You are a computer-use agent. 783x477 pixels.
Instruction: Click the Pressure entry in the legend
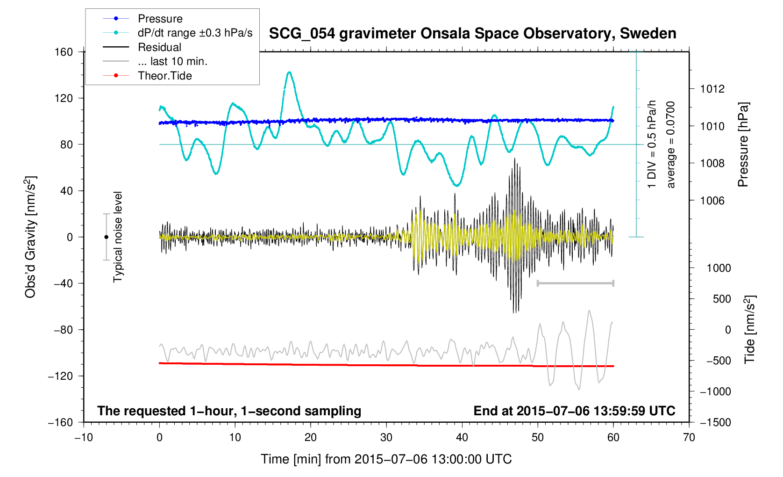click(160, 19)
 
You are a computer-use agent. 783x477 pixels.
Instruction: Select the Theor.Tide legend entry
click(164, 76)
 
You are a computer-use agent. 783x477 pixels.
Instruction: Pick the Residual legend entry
click(159, 47)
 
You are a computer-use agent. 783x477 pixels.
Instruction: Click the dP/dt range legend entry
click(195, 33)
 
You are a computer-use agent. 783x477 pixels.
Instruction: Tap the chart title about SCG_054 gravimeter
click(472, 34)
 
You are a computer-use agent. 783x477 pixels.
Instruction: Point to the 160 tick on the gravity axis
click(64, 52)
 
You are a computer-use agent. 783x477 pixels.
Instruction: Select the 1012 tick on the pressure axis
click(712, 89)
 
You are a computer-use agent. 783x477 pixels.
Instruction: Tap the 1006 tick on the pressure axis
click(712, 201)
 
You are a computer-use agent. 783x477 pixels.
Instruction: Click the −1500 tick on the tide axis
click(715, 422)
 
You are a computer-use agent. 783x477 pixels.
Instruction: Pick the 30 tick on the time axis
click(386, 437)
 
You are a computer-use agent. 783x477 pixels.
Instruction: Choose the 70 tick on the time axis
click(689, 437)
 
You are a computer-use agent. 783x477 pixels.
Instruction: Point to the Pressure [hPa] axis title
click(743, 145)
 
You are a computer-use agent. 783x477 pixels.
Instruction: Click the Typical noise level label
click(118, 237)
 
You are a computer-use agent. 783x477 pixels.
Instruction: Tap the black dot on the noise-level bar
click(106, 237)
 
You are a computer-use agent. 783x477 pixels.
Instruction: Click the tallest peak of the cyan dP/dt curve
click(290, 72)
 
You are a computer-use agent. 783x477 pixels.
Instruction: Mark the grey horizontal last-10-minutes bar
click(575, 283)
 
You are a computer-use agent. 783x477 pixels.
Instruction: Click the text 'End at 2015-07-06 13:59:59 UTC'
click(574, 411)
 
